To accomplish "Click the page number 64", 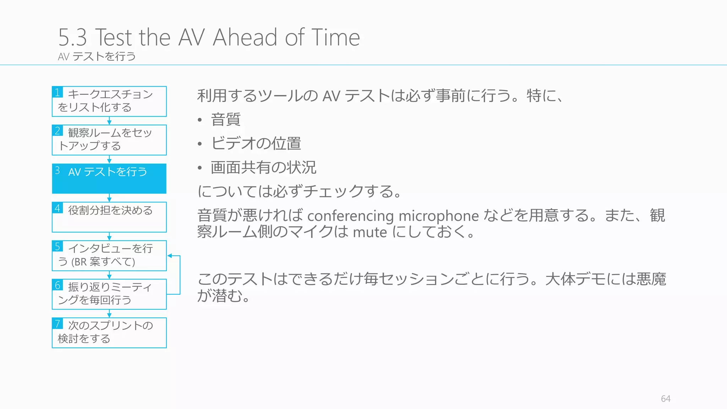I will coord(665,399).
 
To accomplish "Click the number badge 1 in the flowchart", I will coord(58,92).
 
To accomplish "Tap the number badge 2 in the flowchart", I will coord(58,131).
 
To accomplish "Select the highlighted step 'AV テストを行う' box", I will coord(109,179).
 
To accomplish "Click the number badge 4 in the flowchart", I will coord(58,208).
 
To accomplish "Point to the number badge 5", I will coord(58,246).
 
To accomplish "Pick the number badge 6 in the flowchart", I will coord(58,285).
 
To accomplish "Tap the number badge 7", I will coord(58,323).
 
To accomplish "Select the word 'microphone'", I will coord(439,216).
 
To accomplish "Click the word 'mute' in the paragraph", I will coord(370,233).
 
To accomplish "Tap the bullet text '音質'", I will coord(226,120).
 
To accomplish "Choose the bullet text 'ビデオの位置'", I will coord(256,143).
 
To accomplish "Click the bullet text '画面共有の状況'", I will coord(263,168).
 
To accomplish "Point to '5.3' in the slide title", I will coord(72,37).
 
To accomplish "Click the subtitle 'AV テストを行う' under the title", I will coord(97,56).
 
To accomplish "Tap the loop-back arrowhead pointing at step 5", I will coord(170,256).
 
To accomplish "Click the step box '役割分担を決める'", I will coord(109,217).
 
